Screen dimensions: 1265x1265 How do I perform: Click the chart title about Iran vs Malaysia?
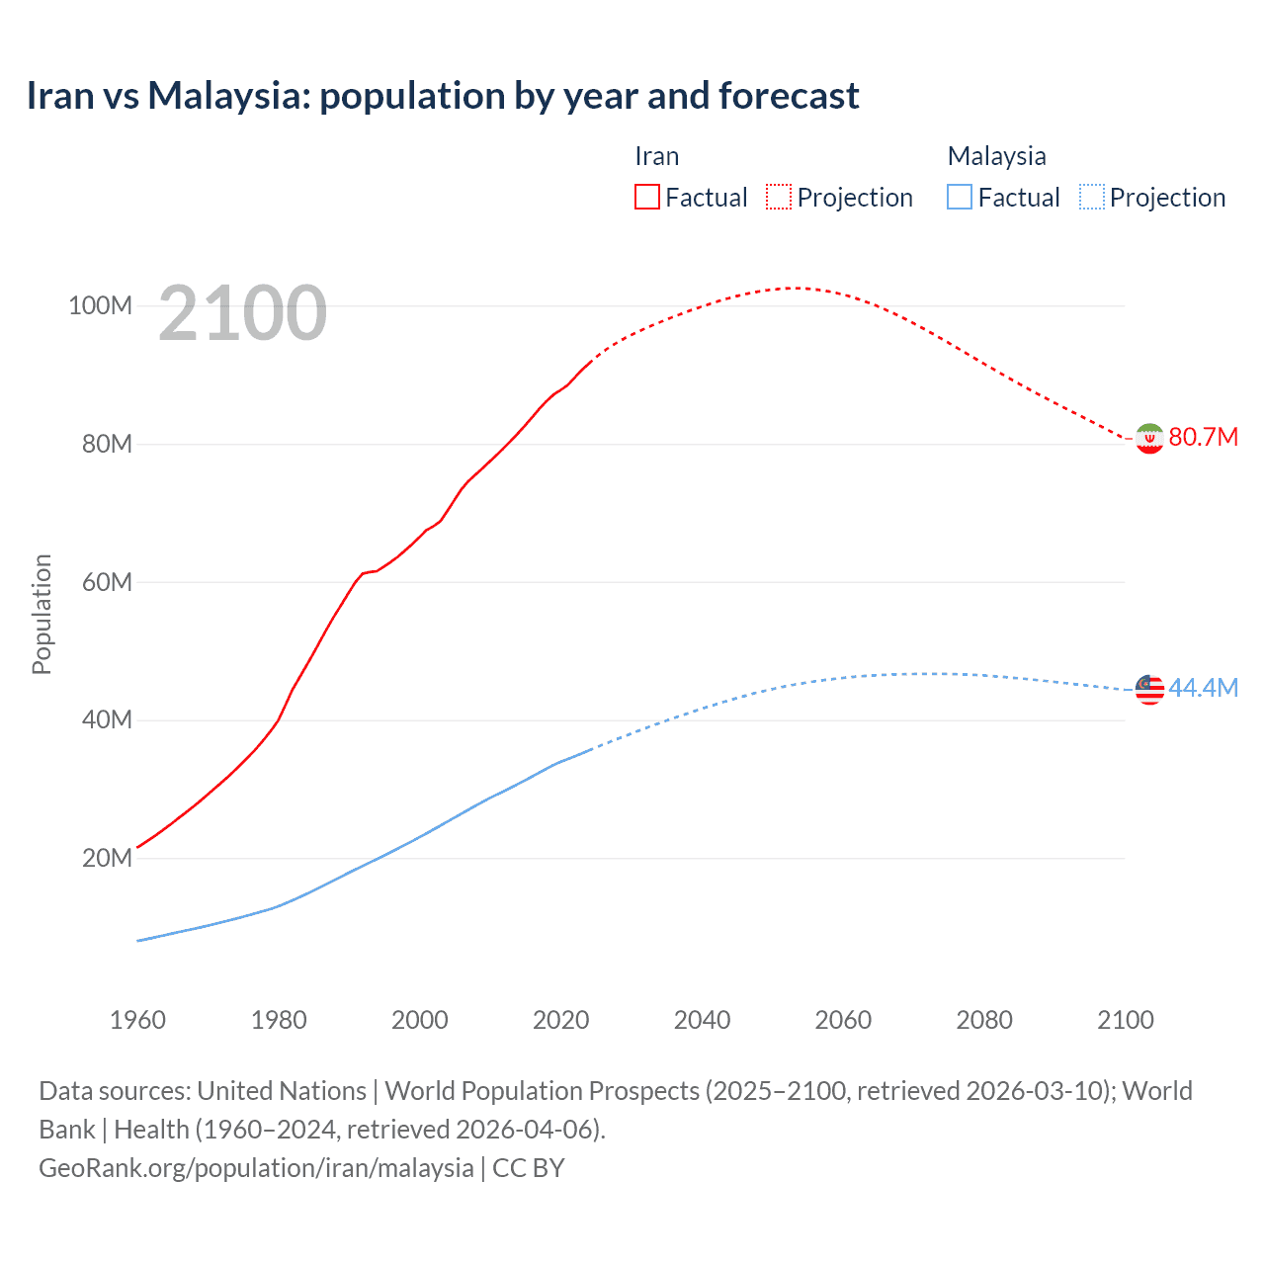click(x=443, y=96)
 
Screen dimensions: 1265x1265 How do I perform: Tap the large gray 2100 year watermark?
click(x=242, y=313)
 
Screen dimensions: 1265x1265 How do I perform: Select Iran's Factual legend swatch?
click(x=646, y=197)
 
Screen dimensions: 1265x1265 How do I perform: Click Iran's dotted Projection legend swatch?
click(x=779, y=197)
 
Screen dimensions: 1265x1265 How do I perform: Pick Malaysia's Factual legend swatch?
click(x=960, y=197)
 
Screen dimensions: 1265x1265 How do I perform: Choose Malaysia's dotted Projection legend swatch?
click(x=1091, y=197)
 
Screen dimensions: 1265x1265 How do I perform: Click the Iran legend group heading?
click(x=656, y=156)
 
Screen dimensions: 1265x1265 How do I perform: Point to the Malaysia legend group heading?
click(x=996, y=156)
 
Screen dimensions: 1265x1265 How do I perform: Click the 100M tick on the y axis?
click(x=100, y=305)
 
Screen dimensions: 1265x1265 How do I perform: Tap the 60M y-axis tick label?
click(x=107, y=582)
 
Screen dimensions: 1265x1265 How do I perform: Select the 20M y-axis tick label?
click(x=107, y=858)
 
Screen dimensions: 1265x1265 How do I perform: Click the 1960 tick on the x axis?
click(x=137, y=1020)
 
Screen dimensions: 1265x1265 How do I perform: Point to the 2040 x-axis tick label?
click(x=702, y=1020)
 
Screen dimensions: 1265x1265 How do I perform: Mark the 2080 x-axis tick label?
click(x=984, y=1020)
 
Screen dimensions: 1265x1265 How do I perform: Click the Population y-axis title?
click(x=42, y=614)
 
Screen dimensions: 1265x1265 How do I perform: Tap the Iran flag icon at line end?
click(x=1149, y=438)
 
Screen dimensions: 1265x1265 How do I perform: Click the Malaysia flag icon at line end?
click(x=1149, y=689)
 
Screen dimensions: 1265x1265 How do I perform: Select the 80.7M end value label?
click(x=1203, y=437)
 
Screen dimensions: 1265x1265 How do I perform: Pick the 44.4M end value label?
click(x=1203, y=688)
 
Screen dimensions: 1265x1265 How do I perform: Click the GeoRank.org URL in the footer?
click(x=256, y=1167)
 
